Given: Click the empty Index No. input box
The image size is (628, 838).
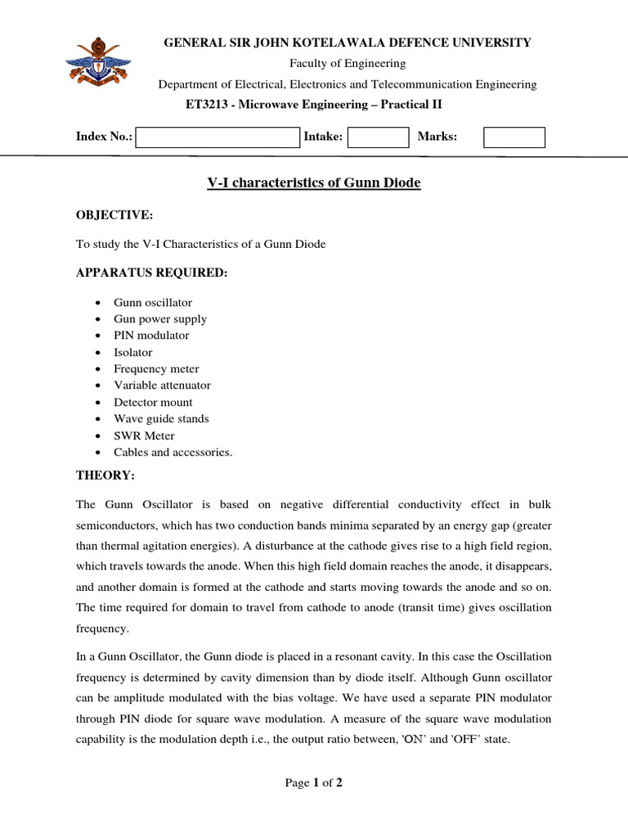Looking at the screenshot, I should click(218, 137).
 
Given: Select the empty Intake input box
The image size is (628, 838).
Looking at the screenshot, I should click(378, 137).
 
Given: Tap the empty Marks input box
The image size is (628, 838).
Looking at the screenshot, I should click(514, 137).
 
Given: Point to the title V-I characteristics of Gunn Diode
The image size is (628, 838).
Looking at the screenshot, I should click(313, 183).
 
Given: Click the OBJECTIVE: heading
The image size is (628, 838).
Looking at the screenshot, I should click(114, 215).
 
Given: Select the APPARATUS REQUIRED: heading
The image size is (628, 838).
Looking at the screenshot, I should click(151, 273).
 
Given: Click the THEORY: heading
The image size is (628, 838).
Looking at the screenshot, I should click(105, 475).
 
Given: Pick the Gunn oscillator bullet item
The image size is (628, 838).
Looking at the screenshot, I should click(153, 303).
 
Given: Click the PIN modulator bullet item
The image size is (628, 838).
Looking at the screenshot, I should click(151, 336).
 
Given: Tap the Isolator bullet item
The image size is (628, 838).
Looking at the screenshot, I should click(132, 352).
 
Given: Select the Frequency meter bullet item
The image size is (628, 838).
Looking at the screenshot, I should click(156, 369).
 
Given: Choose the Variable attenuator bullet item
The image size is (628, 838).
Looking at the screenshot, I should click(162, 385).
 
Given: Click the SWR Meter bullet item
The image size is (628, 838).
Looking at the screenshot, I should click(144, 435).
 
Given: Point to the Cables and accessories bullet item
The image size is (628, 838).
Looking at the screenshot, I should click(173, 453).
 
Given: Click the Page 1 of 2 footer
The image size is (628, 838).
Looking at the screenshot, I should click(313, 783).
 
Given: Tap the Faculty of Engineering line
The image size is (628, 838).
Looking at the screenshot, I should click(348, 64).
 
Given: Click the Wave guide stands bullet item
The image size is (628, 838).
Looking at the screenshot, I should click(161, 419).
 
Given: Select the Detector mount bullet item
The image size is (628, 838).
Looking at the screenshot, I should click(153, 403).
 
